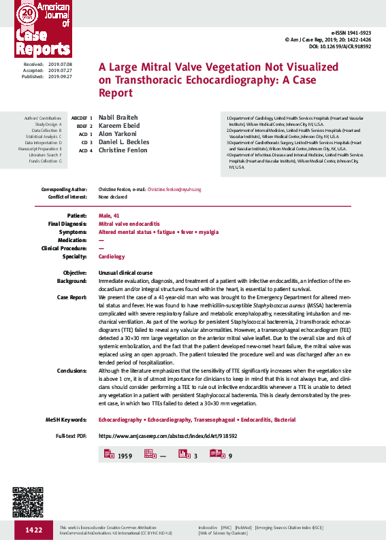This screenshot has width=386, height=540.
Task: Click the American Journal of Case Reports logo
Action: pos(42,31)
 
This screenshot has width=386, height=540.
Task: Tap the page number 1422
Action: pos(33,530)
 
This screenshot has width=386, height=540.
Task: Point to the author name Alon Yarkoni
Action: pos(117,134)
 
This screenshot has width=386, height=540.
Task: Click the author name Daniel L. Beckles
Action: pos(124,142)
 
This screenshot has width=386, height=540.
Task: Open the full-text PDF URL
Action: pos(167,435)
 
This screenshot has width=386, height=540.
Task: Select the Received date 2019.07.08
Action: pos(59,63)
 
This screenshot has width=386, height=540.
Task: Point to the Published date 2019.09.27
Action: pos(59,77)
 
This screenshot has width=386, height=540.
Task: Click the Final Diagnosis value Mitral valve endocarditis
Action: pos(129,224)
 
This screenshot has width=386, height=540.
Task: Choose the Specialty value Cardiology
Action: pos(112,257)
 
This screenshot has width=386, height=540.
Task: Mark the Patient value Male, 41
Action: pos(109,215)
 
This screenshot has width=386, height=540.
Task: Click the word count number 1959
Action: pos(125,456)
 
